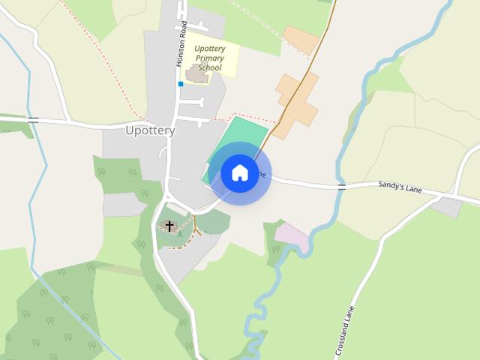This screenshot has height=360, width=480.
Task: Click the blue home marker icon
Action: [240, 172]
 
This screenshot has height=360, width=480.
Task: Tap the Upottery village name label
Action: [150, 130]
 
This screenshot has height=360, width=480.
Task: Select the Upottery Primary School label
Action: [208, 58]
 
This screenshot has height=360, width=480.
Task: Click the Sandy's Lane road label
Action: [400, 186]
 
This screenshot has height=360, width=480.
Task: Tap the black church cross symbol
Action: [169, 225]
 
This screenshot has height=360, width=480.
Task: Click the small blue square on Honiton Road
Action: [181, 84]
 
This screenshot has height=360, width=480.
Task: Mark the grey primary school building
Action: [198, 74]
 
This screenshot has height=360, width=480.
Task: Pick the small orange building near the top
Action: [301, 40]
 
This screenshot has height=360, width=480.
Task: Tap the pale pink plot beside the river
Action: [292, 236]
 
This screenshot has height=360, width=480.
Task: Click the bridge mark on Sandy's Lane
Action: [342, 187]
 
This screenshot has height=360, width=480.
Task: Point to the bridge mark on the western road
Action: [33, 118]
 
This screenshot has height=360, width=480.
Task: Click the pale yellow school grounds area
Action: [225, 52]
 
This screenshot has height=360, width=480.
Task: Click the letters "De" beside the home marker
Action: [262, 174]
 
